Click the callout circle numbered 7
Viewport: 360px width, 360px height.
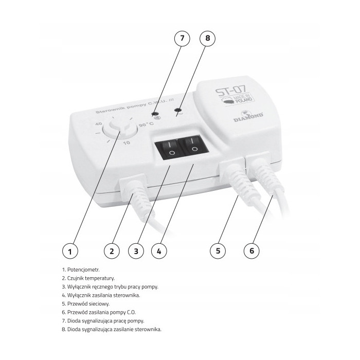[182, 38]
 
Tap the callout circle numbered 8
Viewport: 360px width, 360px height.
[208, 38]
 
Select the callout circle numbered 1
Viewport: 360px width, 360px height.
[70, 251]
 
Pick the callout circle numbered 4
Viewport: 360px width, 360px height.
[159, 251]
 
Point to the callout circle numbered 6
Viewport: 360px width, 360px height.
[251, 250]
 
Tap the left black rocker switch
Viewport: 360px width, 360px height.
[169, 148]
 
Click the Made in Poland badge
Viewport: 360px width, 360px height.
[237, 100]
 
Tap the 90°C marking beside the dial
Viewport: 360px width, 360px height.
[146, 125]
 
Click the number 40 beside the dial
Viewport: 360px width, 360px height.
[99, 124]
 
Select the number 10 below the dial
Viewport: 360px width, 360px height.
[127, 143]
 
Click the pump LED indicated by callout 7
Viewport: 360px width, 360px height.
[155, 114]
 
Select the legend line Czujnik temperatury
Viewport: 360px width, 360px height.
[88, 278]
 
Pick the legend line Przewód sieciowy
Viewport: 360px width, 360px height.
[86, 304]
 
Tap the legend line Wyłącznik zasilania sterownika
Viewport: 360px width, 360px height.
[101, 295]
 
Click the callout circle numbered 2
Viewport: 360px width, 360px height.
[112, 251]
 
